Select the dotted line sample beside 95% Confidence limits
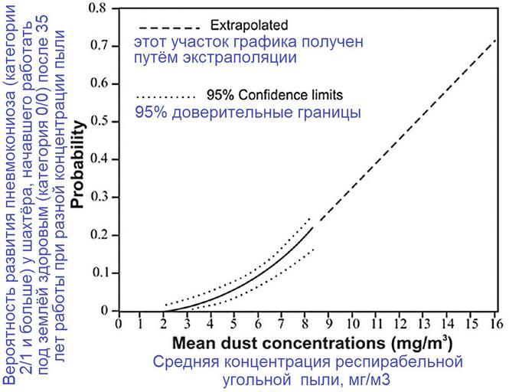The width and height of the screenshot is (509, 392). click(x=165, y=97)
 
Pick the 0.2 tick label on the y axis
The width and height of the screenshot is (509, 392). click(x=100, y=235)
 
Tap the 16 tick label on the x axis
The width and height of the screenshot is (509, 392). click(x=493, y=323)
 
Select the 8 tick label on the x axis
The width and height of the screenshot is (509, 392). click(x=305, y=323)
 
